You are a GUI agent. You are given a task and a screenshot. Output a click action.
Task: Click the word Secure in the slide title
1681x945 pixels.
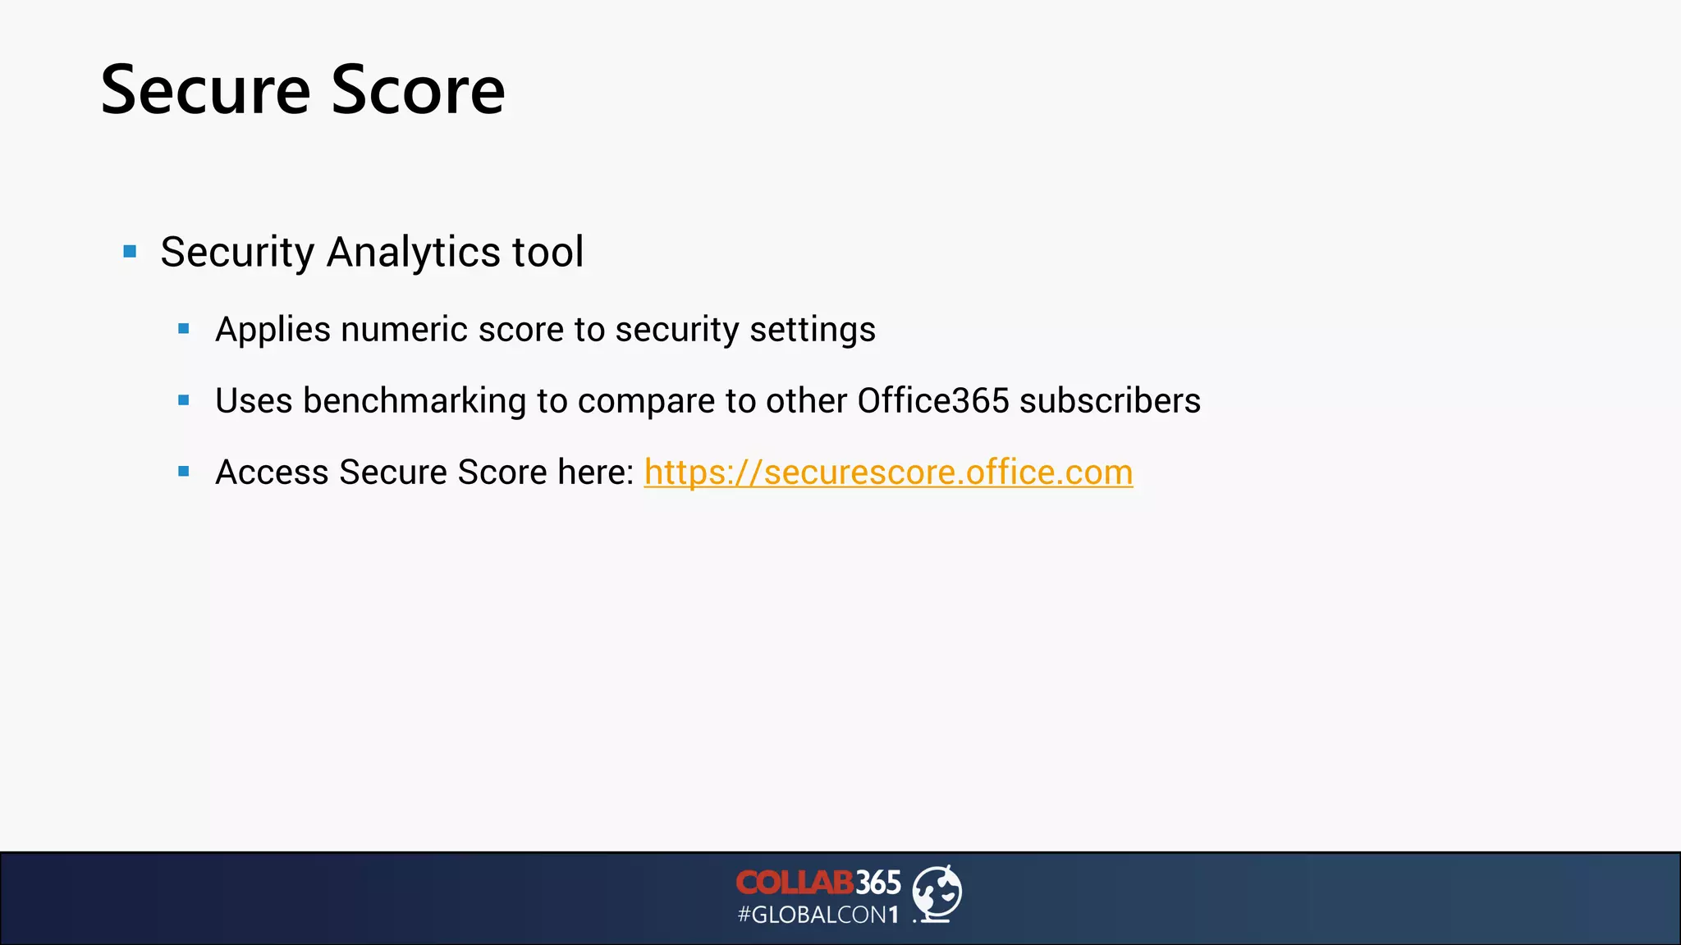(x=205, y=90)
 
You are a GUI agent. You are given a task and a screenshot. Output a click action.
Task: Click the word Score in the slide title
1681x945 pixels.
(x=418, y=90)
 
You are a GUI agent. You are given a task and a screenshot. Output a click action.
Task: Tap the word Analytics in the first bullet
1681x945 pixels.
(x=414, y=252)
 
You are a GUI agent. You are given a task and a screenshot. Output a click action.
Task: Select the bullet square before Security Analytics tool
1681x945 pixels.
(x=130, y=251)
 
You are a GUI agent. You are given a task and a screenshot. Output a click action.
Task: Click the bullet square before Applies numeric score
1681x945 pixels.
(x=184, y=329)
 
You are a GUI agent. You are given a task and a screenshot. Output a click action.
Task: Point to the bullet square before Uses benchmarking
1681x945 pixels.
(x=184, y=400)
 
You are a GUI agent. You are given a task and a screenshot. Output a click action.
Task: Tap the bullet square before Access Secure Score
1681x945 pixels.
(x=184, y=472)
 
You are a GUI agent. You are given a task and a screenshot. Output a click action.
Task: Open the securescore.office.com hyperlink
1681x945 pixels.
(x=888, y=472)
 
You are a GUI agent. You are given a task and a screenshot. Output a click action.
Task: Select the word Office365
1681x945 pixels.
(x=932, y=401)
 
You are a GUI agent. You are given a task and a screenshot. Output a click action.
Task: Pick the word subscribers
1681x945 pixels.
(x=1110, y=401)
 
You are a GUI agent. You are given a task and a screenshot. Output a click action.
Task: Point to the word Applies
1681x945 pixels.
(x=273, y=330)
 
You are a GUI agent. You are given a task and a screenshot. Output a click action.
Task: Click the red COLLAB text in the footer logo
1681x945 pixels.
(x=795, y=883)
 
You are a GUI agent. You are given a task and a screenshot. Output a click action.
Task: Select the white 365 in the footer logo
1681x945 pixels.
(x=878, y=883)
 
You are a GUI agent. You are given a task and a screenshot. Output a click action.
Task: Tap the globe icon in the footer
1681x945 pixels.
(x=937, y=893)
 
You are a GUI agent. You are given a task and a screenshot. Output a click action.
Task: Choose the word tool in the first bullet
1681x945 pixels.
(x=547, y=252)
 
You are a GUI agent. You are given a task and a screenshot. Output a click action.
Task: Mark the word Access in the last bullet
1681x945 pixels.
(x=272, y=472)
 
